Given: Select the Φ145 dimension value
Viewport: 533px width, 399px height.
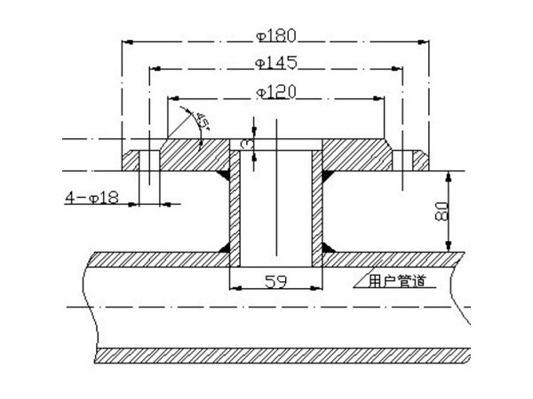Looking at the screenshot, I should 275,63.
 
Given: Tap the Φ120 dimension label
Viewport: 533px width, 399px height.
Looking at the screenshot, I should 275,91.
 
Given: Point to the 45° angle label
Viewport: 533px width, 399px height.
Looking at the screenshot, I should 201,122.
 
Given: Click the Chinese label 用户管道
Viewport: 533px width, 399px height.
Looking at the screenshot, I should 396,282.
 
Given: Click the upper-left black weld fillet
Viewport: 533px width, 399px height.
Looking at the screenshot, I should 222,166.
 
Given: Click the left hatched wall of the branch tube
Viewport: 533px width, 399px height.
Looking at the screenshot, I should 235,208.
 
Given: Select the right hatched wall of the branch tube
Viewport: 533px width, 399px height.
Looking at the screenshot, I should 317,208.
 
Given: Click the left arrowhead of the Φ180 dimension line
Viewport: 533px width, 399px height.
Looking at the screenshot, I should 125,43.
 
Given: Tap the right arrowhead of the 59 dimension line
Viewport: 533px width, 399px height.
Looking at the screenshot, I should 317,288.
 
